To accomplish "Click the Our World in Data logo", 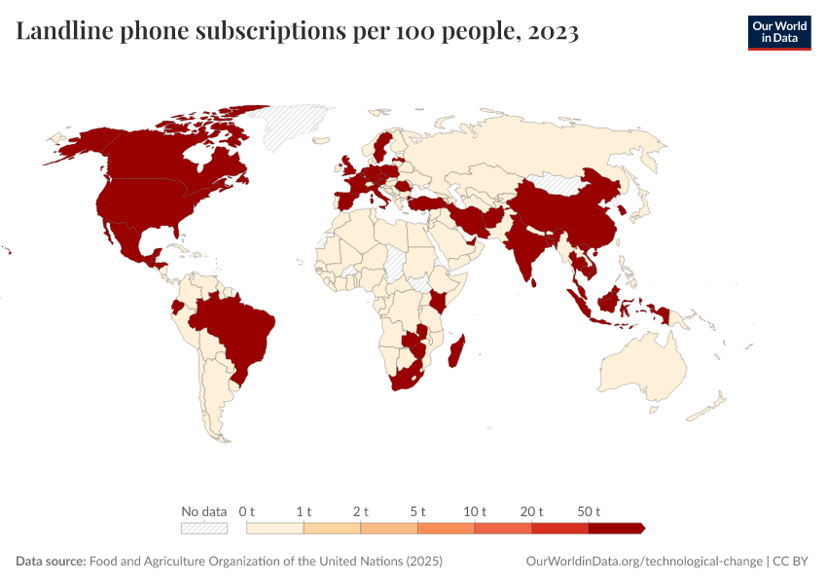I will (x=778, y=32).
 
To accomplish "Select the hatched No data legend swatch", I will (x=203, y=528).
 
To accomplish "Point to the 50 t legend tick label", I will (x=590, y=511).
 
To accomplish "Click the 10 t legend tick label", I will (x=475, y=511).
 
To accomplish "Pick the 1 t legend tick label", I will (x=304, y=511).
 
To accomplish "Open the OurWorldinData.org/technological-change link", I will (x=643, y=562).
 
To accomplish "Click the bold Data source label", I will (x=51, y=562).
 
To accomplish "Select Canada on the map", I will (x=156, y=156).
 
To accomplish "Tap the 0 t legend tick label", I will (x=247, y=511).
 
